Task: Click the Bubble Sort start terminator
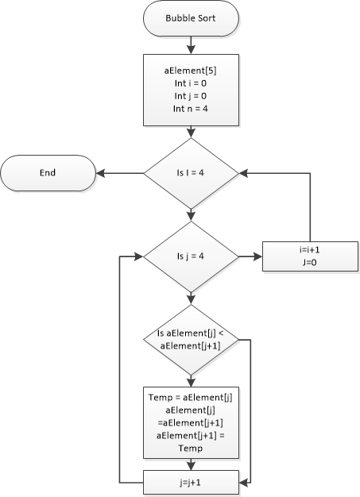tap(190, 18)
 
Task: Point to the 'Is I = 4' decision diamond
tap(190, 172)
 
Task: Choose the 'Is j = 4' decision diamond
tap(190, 256)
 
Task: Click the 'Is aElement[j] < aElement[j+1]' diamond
tap(190, 341)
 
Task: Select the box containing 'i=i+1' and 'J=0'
tap(310, 256)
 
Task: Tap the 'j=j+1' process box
tap(190, 481)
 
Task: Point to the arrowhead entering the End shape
tap(101, 172)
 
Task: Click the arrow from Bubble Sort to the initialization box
tap(190, 44)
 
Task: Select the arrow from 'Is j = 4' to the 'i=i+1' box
tap(250, 256)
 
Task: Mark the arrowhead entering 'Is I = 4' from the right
tap(243, 172)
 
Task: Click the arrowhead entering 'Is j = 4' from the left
tap(137, 256)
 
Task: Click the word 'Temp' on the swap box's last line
tap(190, 449)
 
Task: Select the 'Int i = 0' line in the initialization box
tap(190, 83)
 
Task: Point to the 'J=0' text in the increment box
tap(310, 263)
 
